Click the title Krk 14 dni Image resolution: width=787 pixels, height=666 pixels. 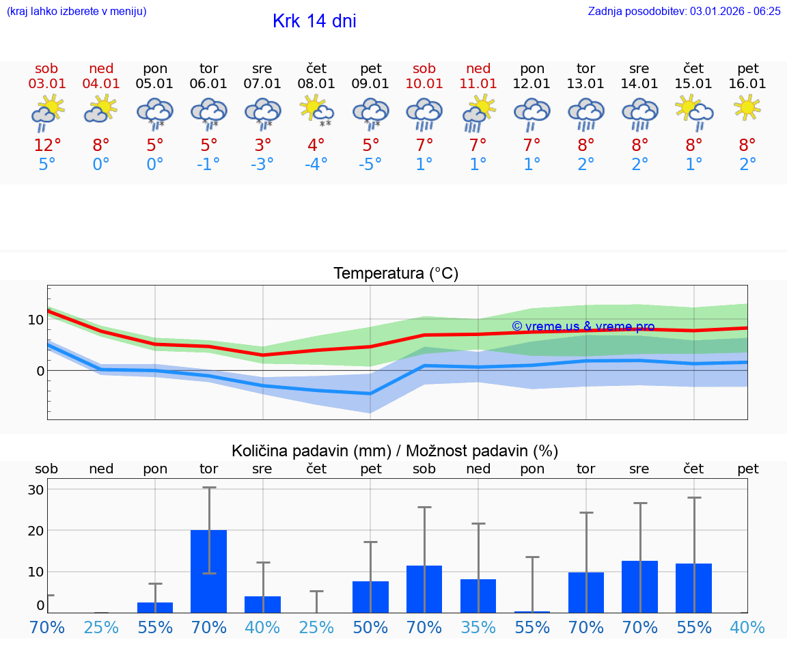tap(314, 21)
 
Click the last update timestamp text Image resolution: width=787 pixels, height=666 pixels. tap(684, 11)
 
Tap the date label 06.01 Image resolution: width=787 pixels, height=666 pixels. tap(208, 83)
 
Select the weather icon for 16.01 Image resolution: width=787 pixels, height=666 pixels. tap(747, 107)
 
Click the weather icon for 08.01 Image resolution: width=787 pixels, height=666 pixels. tap(316, 111)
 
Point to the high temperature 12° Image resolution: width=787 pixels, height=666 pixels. tap(47, 145)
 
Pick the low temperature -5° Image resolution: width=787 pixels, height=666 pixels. tap(370, 165)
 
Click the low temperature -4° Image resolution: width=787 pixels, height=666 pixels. tap(316, 165)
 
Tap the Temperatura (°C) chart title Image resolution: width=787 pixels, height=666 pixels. tap(396, 274)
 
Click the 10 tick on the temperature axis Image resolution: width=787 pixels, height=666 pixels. tap(36, 320)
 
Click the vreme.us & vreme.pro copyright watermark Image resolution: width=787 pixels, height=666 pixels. tap(583, 327)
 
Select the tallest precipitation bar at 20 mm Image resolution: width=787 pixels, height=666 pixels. tap(208, 571)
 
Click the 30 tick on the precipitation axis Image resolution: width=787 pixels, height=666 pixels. tap(36, 490)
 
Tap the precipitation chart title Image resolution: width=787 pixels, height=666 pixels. tap(395, 451)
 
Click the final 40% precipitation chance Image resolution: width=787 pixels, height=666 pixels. tap(747, 627)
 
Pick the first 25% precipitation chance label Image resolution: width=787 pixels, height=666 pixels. tap(101, 627)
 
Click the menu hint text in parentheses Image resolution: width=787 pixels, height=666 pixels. tap(77, 11)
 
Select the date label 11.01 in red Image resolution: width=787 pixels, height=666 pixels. tap(478, 83)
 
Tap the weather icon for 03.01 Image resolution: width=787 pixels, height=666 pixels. tap(47, 113)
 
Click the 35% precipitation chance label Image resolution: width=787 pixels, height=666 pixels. tap(478, 627)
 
